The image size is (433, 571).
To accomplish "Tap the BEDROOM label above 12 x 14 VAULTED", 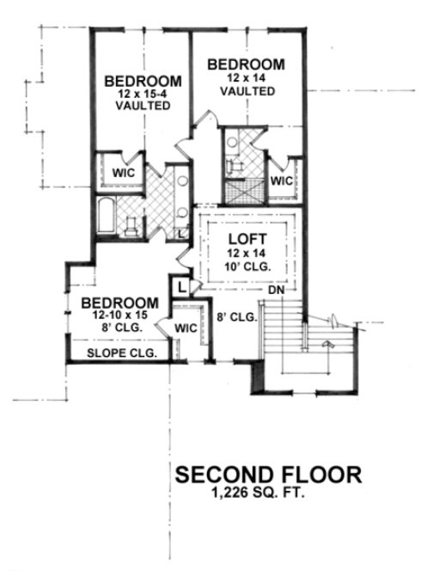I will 246,64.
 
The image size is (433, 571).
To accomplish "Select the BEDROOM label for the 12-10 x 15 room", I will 119,303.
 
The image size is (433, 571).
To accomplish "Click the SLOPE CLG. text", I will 119,352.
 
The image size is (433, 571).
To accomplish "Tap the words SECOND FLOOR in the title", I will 268,476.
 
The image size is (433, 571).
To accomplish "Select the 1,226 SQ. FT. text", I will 268,494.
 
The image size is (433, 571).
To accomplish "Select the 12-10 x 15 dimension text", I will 118,316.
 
